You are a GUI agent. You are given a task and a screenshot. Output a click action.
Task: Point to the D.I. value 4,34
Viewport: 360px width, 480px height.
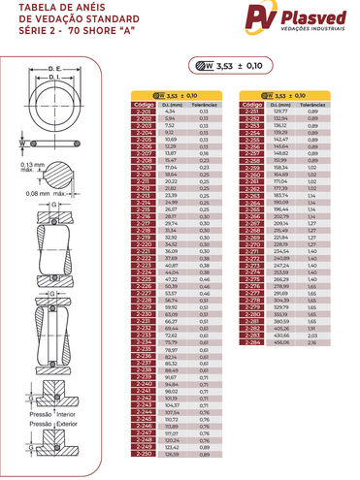170,112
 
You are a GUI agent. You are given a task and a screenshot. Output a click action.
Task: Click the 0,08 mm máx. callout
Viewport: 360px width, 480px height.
41,221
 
